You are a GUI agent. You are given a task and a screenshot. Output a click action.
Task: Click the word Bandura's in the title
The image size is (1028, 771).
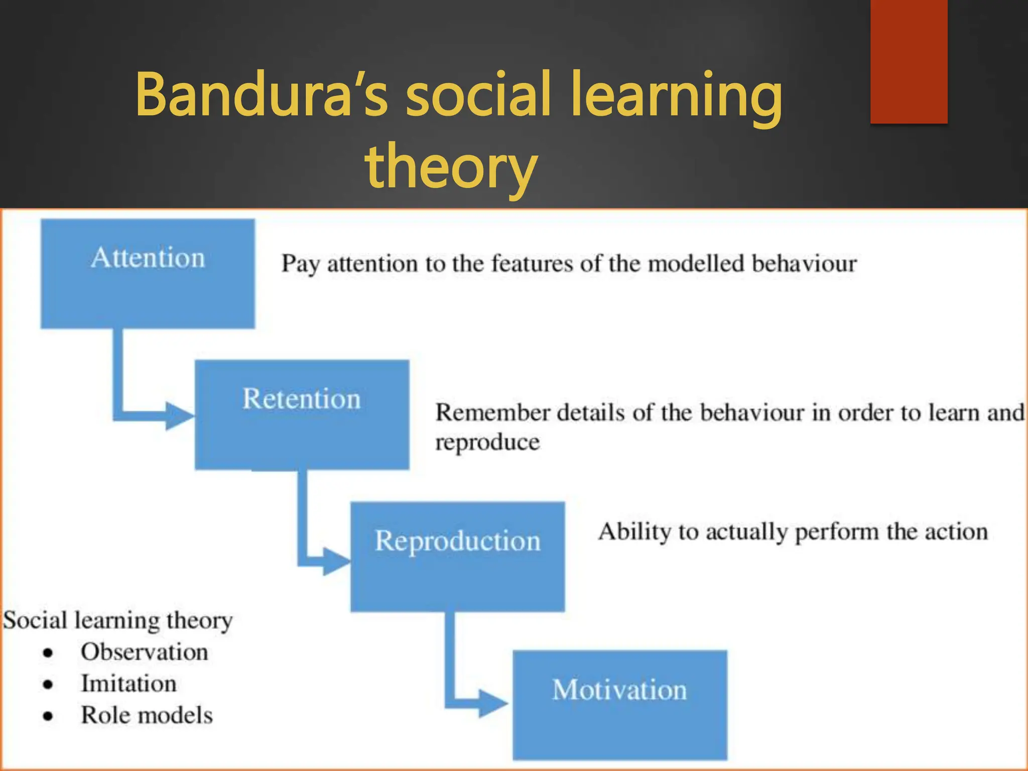click(x=261, y=94)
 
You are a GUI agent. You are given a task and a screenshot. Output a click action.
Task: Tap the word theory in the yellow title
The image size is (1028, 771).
click(x=451, y=166)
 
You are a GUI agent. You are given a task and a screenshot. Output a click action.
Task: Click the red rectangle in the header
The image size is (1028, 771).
click(x=909, y=61)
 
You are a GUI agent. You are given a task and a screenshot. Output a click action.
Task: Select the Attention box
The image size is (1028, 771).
click(x=148, y=274)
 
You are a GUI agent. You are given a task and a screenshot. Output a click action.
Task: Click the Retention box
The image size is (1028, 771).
click(x=302, y=415)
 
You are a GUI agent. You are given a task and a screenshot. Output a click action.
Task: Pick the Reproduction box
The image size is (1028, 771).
click(x=457, y=556)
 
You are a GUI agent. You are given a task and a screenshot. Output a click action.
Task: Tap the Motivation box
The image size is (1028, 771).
click(x=619, y=705)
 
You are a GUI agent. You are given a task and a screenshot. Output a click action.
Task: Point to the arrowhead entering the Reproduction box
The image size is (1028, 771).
click(x=336, y=561)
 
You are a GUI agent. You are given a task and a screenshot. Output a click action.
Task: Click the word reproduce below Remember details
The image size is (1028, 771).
click(x=487, y=442)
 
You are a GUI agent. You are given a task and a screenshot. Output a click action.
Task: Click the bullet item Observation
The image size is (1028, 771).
click(x=144, y=652)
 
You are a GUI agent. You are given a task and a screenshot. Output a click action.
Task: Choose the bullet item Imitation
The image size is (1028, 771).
click(x=128, y=684)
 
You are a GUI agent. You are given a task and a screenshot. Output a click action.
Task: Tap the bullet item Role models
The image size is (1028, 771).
click(x=147, y=715)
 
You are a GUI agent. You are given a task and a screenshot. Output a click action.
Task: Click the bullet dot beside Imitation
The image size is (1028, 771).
click(x=48, y=685)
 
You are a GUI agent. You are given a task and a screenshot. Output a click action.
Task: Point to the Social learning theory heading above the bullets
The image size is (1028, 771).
click(x=118, y=620)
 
